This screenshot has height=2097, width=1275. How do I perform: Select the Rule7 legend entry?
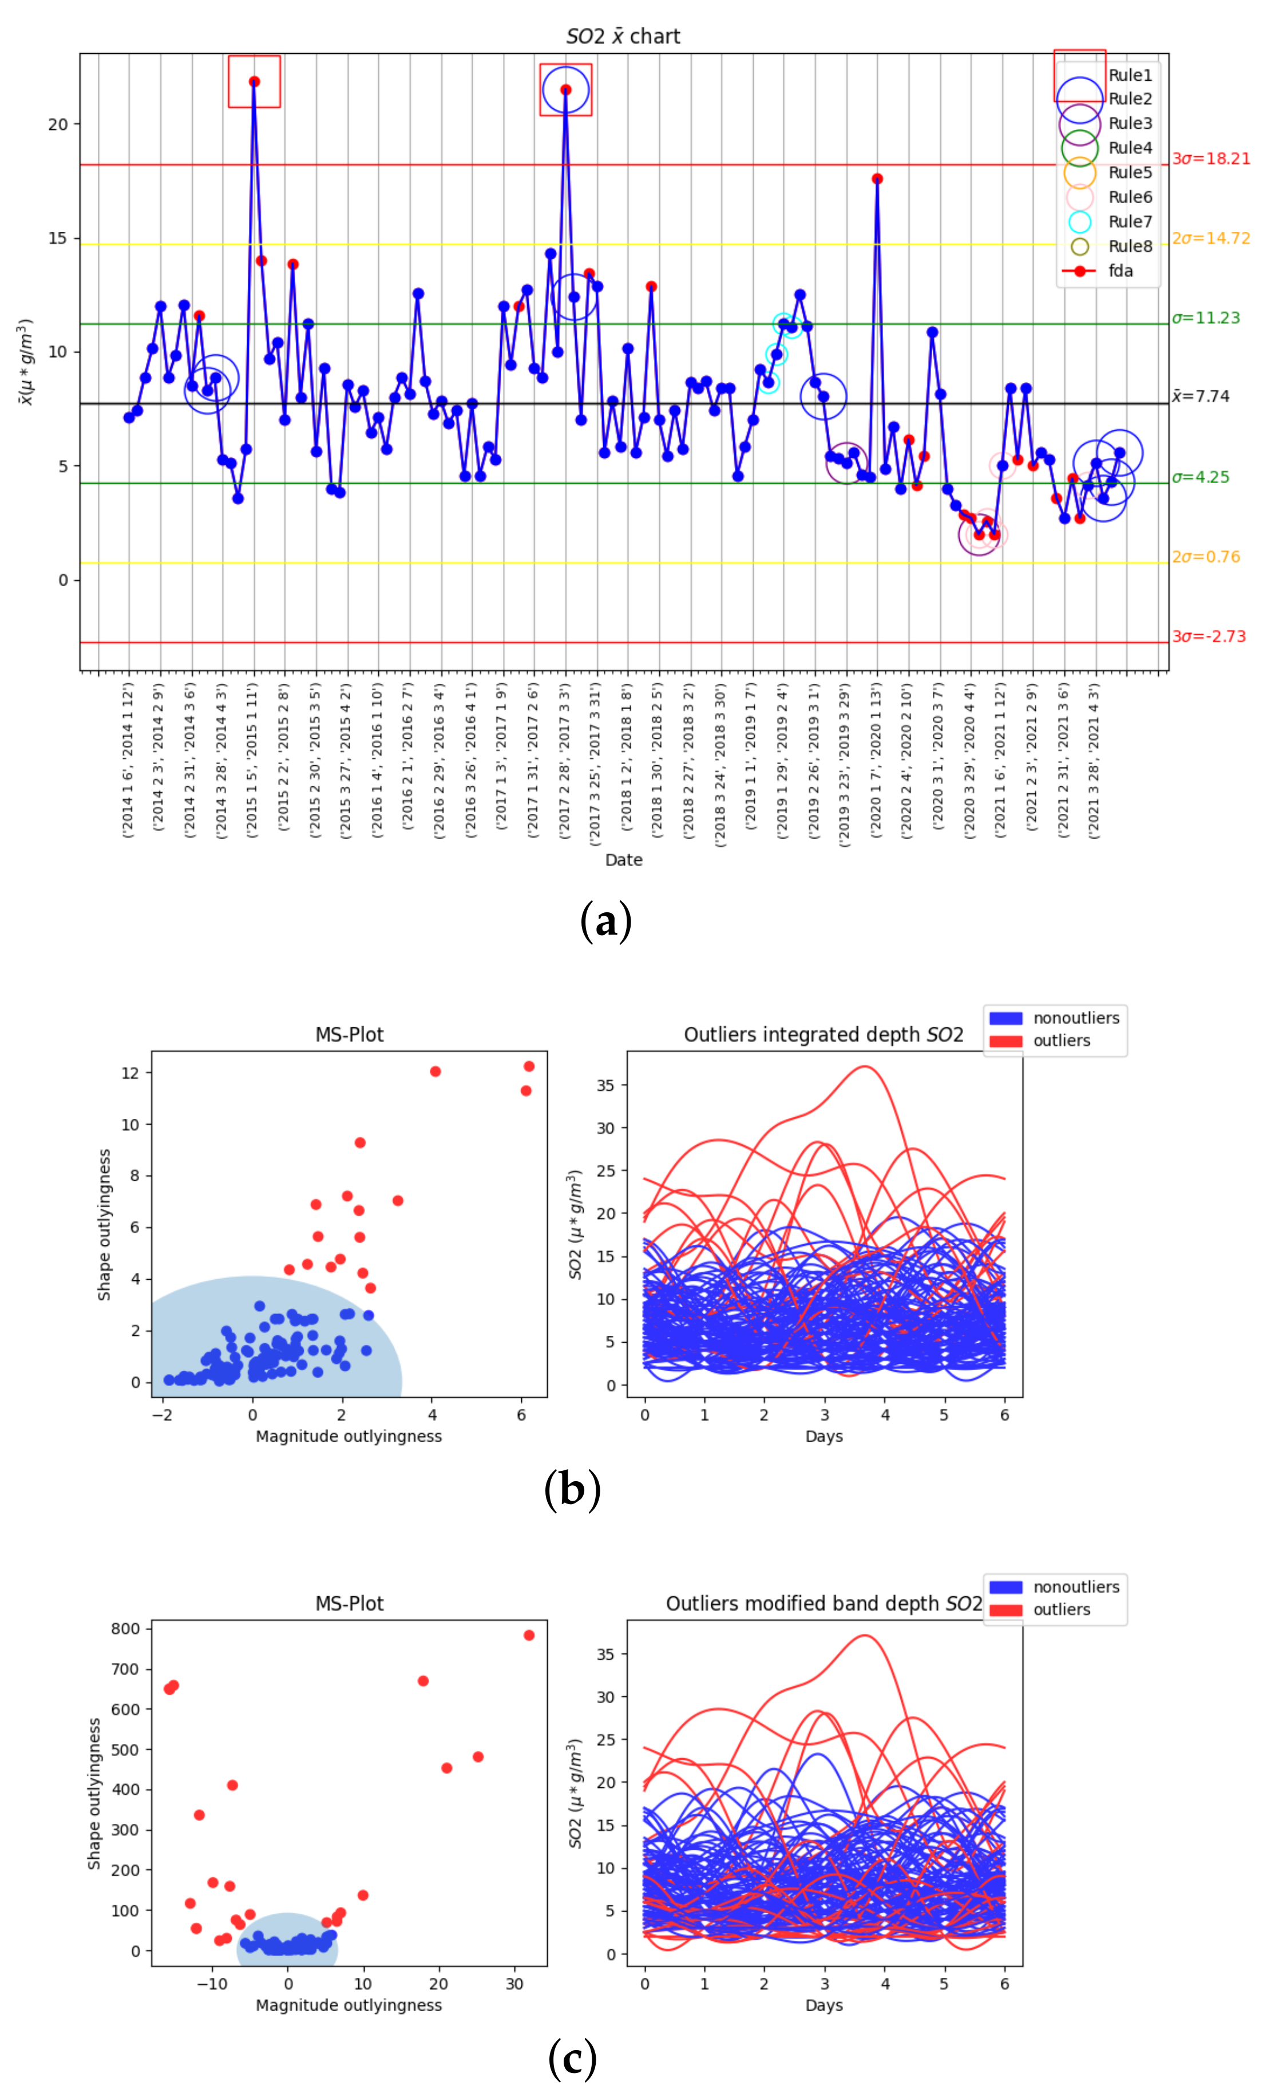(x=1130, y=222)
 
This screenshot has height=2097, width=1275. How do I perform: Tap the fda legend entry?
(x=1120, y=271)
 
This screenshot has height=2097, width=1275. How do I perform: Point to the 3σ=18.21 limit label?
(x=1210, y=159)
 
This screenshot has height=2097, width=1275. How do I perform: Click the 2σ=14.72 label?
(x=1210, y=238)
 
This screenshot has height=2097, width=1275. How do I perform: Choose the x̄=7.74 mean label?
(x=1200, y=395)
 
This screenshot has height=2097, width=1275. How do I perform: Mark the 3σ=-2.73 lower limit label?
(x=1208, y=636)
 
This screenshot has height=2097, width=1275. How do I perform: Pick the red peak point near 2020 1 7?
(x=877, y=179)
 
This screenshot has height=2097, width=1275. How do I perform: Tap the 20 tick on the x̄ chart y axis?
(x=58, y=124)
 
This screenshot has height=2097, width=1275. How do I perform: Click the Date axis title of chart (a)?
(x=623, y=860)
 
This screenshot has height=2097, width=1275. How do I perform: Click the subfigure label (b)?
(x=572, y=1489)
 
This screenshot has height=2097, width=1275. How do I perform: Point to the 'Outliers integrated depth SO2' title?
(x=823, y=1035)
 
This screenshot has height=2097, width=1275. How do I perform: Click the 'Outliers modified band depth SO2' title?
(x=823, y=1604)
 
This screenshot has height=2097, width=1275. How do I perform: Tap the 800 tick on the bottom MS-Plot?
(x=125, y=1629)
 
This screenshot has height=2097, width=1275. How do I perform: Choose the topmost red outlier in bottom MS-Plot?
(x=529, y=1636)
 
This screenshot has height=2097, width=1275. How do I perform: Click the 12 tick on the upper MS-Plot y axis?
(x=130, y=1073)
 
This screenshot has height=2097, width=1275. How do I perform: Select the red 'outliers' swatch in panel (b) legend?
(x=1005, y=1042)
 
